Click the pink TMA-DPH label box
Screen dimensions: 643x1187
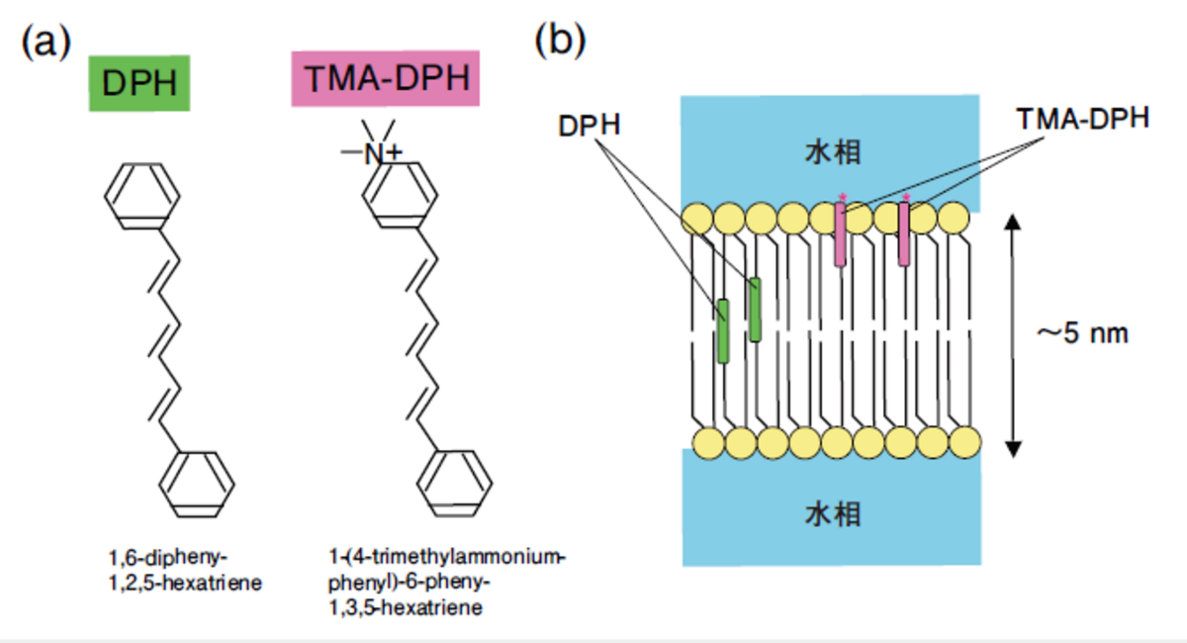pyautogui.click(x=386, y=79)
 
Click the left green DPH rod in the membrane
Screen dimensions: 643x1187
pyautogui.click(x=723, y=330)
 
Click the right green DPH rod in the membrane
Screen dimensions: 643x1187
pyautogui.click(x=756, y=310)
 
